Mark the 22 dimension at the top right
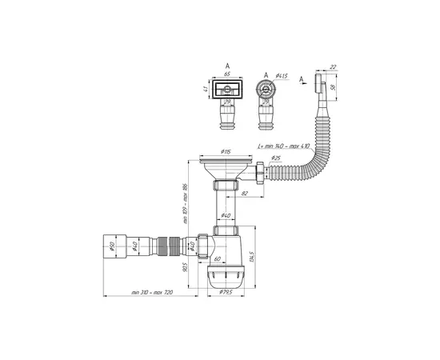point(333,68)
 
